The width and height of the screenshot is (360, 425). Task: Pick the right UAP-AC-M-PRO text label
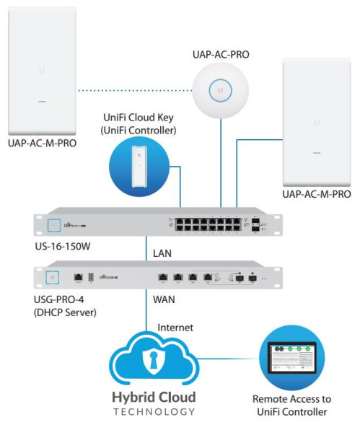point(317,194)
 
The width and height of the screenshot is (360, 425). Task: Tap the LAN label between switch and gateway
point(162,253)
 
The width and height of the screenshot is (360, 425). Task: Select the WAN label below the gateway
point(162,297)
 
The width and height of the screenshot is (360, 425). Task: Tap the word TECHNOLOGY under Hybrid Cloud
point(153,411)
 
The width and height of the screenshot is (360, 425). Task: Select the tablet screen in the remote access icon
point(292,359)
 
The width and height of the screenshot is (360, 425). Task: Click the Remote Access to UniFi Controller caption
point(292,405)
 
